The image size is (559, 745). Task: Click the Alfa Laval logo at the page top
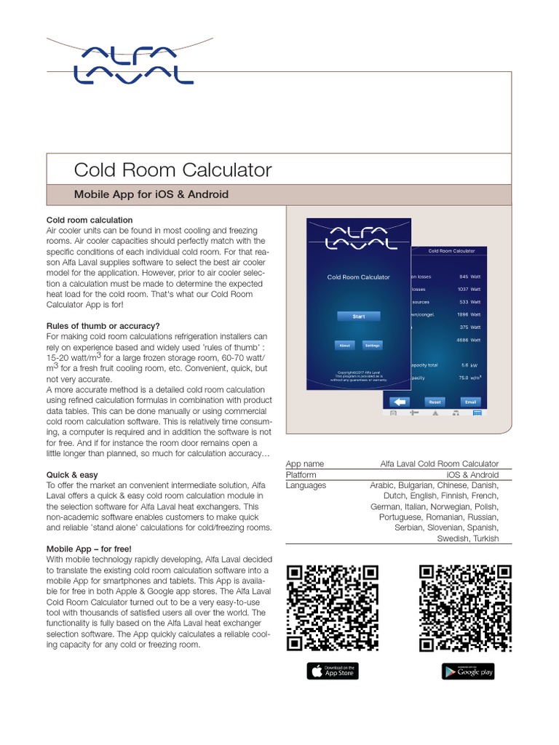click(134, 64)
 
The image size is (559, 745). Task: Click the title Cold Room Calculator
click(173, 170)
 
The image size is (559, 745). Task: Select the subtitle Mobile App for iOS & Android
click(151, 194)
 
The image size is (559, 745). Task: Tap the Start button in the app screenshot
click(359, 316)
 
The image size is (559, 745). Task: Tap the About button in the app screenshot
click(345, 346)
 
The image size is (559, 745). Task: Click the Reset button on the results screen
click(435, 401)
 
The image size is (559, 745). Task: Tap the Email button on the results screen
click(471, 401)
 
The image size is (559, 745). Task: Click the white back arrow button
click(398, 401)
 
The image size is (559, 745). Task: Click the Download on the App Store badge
click(333, 671)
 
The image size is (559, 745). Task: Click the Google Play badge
click(468, 671)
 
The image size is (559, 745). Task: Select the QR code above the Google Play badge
click(464, 607)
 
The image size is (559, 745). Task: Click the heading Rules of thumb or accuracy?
click(103, 325)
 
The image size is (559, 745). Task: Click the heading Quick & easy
click(72, 474)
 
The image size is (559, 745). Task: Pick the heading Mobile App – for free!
click(89, 549)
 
